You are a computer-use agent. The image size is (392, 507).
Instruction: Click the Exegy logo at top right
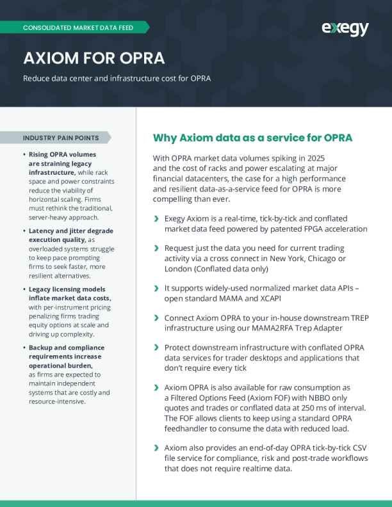tap(345, 28)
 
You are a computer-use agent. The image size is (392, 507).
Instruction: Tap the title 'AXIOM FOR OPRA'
tap(94, 58)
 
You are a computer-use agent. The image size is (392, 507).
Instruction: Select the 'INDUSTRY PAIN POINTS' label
tap(61, 138)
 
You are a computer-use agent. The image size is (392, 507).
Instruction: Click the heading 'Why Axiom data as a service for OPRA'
tap(252, 138)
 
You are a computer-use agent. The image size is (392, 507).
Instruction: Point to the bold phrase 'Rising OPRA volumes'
tap(62, 154)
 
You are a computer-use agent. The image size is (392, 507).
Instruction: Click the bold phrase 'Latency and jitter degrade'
tap(71, 230)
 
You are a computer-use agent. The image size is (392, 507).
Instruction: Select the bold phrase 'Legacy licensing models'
tap(67, 289)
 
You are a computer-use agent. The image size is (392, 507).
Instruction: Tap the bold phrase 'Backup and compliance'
tap(67, 348)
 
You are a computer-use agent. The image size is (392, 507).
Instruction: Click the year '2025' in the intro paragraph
tap(314, 158)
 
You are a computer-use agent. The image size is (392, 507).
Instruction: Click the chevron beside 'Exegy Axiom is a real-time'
tap(157, 219)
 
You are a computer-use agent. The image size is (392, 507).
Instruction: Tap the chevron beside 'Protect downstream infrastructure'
tap(157, 348)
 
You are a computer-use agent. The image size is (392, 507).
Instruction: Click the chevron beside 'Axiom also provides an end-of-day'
tap(157, 447)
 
